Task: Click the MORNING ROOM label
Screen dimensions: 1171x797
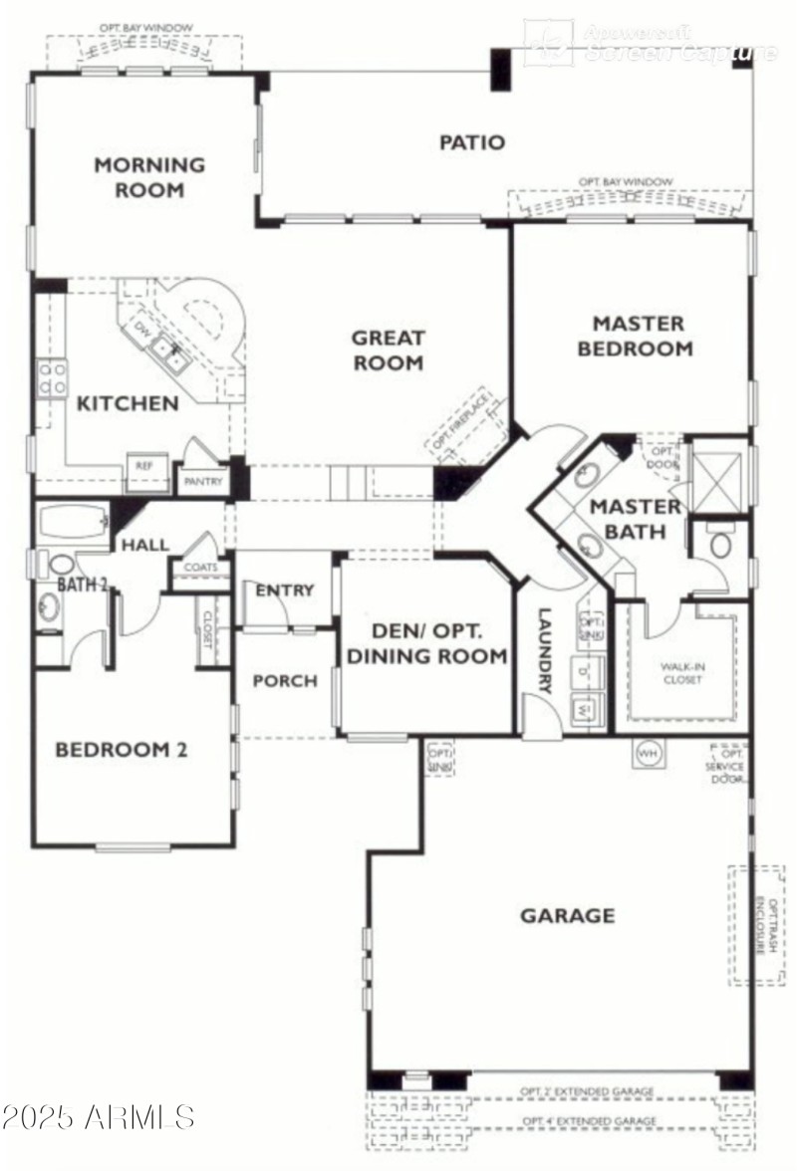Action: click(149, 176)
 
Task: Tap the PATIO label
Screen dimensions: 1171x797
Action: click(472, 142)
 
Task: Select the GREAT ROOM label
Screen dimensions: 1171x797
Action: click(389, 351)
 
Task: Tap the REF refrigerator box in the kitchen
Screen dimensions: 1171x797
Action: click(145, 466)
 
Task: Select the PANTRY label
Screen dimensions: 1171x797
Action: click(203, 482)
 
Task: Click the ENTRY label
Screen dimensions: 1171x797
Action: click(284, 590)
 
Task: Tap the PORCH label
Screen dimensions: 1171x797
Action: click(285, 681)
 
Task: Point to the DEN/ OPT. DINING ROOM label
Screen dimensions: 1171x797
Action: click(425, 643)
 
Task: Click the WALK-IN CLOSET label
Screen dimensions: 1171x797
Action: click(681, 673)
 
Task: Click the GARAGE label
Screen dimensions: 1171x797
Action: click(567, 915)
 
